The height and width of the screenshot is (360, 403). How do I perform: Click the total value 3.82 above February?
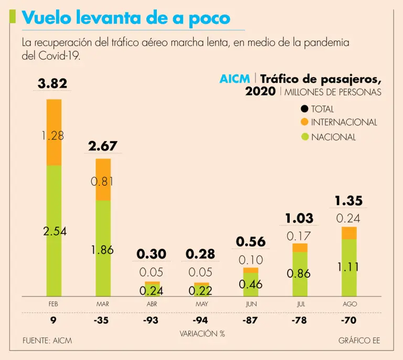pos(53,83)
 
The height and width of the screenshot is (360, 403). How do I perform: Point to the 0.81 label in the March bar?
pos(102,182)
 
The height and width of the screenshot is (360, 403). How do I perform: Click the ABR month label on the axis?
pos(152,304)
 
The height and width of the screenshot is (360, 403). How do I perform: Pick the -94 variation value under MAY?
pos(201,320)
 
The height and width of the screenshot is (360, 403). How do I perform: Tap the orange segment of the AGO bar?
pos(349,232)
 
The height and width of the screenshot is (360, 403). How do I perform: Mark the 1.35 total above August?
pos(349,200)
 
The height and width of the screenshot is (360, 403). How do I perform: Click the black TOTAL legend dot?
pos(304,109)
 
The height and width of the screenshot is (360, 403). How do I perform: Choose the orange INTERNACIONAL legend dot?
pos(304,122)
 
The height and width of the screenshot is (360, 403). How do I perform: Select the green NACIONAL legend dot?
pos(304,137)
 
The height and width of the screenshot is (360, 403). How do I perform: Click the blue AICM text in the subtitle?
pos(235,79)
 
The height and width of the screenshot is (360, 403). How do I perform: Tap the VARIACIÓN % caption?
pos(202,333)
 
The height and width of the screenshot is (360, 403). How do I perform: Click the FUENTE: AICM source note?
pos(47,341)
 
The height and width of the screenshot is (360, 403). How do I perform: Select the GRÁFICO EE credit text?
pos(359,341)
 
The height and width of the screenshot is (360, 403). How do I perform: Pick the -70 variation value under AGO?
pos(349,320)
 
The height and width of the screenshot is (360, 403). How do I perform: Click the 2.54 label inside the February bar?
pos(54,231)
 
